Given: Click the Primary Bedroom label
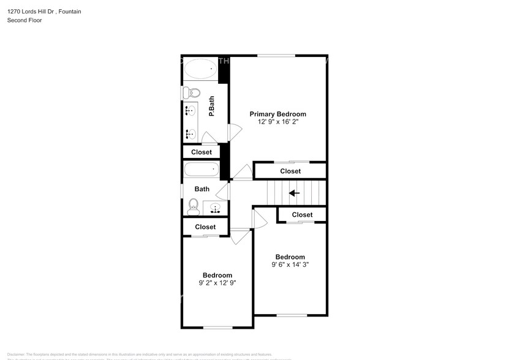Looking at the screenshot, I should pos(277,114).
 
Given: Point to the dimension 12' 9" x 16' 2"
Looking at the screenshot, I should pos(277,122).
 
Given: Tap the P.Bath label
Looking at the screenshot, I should pos(211,107).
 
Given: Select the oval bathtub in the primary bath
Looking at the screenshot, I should pos(200,69).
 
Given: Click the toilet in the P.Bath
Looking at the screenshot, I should pos(191,92).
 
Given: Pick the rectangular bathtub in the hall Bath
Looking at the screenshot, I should pos(201,170).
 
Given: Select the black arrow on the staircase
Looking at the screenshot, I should pos(294,193).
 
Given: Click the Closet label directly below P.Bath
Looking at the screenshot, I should pos(202,152).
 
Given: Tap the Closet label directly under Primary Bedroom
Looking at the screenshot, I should pos(290,171).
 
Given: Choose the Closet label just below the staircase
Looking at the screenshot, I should pos(302,215).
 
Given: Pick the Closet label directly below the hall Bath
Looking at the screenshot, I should pos(205,227).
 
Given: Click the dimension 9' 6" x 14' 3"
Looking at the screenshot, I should pos(290,264).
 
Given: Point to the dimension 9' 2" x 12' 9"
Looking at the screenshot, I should pos(217,283).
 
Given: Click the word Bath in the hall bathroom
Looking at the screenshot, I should pos(202,189).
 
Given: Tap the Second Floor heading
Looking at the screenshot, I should pos(25,20).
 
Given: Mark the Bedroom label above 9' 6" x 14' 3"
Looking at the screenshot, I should pos(290,257).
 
